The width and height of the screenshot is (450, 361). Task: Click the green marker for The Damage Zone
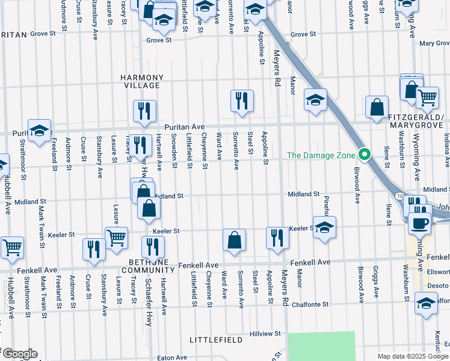(x=364, y=155)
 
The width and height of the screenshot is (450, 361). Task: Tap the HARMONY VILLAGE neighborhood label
(x=141, y=82)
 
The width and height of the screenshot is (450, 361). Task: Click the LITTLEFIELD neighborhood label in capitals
(x=216, y=340)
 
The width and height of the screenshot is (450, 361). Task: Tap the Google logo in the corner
(x=19, y=354)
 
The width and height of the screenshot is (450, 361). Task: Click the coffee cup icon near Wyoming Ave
(x=419, y=223)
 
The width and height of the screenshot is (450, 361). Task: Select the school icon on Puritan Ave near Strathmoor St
(x=39, y=131)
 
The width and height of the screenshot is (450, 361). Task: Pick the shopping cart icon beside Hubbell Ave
(x=11, y=247)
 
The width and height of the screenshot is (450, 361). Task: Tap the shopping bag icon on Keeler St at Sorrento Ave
(x=234, y=239)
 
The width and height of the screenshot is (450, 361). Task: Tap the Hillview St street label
(x=265, y=333)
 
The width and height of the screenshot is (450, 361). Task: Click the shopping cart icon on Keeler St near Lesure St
(x=116, y=237)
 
